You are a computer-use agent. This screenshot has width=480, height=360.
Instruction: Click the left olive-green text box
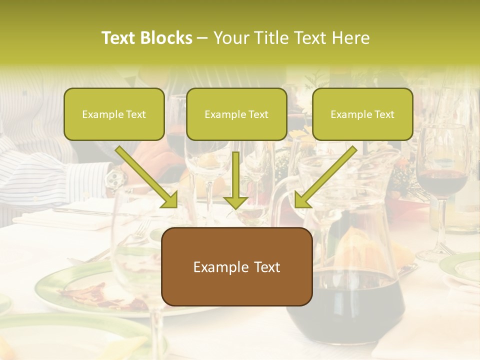114,114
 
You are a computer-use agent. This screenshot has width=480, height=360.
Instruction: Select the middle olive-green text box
236,114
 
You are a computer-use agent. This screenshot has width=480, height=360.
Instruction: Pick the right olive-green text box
362,114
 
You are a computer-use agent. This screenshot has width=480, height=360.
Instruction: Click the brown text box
237,266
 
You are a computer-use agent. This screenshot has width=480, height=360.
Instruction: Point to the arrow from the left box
147,178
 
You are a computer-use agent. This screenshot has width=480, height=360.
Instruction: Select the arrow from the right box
325,178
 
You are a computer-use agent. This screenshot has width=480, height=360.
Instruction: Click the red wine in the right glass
441,181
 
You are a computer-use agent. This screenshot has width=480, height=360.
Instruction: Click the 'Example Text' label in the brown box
237,267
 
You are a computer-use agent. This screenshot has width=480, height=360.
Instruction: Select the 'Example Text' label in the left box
114,114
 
